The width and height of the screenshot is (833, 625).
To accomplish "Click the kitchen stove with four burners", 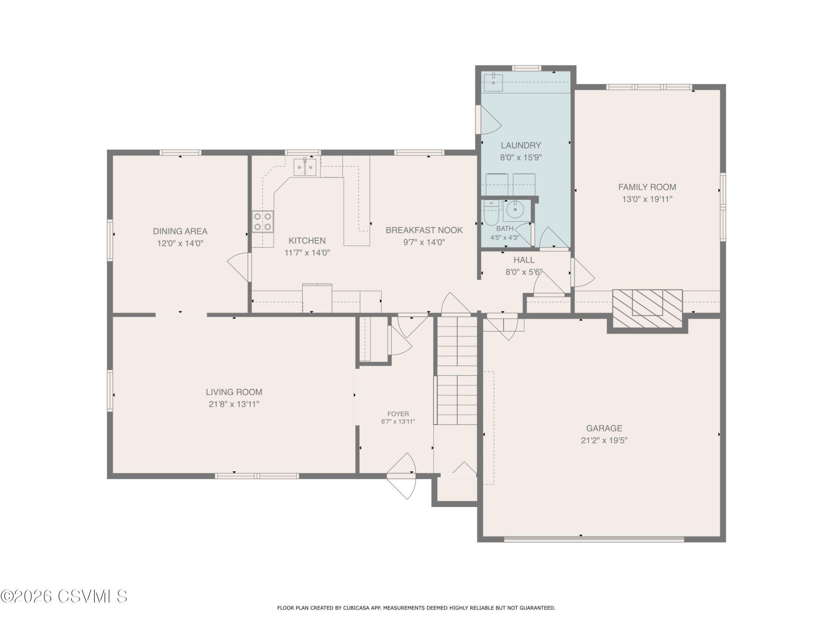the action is click(x=263, y=221).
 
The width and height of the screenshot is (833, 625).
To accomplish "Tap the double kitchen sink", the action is click(x=305, y=167).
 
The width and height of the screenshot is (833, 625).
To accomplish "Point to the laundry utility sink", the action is click(x=493, y=82).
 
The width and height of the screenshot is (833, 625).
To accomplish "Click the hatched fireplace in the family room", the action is click(x=647, y=309).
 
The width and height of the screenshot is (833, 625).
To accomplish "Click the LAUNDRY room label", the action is click(x=521, y=145).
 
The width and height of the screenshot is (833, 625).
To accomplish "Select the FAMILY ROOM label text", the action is click(x=647, y=187).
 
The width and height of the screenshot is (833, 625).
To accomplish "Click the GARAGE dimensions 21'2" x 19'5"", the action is click(x=604, y=441).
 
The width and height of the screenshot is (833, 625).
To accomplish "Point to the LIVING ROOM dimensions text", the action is click(x=234, y=404).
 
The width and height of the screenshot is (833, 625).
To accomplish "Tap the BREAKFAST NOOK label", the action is click(x=424, y=230).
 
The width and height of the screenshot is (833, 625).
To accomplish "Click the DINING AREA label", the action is click(x=180, y=231).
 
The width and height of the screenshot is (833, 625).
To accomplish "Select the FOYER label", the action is click(x=398, y=414).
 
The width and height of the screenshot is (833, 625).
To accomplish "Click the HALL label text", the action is click(x=524, y=260).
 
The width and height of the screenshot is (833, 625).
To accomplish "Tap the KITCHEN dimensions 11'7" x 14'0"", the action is click(x=307, y=253).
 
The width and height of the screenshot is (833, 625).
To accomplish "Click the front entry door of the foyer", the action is click(x=401, y=476).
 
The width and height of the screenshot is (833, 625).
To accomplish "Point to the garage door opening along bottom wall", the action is click(x=594, y=539).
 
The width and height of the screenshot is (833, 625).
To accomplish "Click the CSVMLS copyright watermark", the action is click(x=64, y=596).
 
